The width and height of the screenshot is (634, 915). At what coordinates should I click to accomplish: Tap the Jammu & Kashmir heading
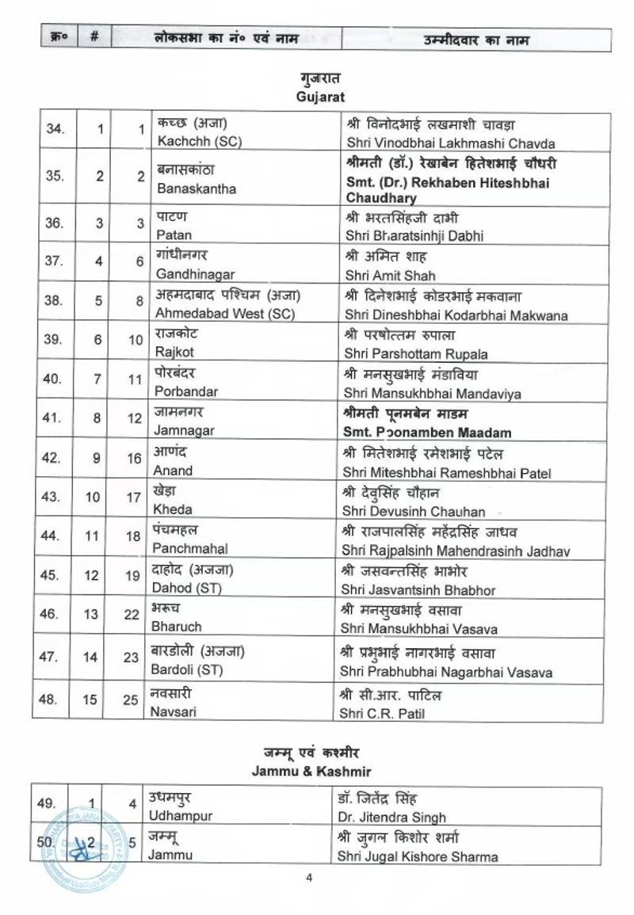point(317,769)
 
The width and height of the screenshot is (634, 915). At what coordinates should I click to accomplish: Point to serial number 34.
point(54,130)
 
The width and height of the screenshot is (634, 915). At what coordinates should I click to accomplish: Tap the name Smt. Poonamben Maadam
point(428,433)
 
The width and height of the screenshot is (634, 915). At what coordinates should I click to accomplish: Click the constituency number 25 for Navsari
point(133,703)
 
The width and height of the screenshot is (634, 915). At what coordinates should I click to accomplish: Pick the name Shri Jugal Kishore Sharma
point(417,856)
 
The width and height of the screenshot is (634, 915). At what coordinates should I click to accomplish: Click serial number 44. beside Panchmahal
point(54,536)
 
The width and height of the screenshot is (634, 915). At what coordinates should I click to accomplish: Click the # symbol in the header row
point(94,39)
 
